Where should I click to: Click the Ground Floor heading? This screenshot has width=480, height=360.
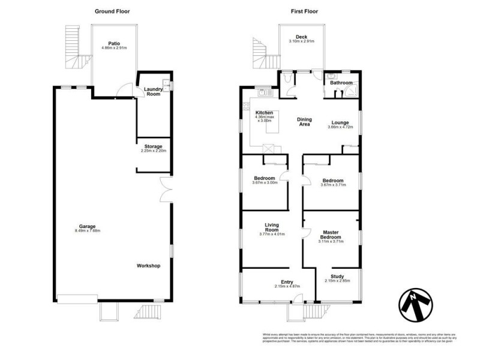[x=112, y=11]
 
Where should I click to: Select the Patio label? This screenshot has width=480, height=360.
[x=113, y=43]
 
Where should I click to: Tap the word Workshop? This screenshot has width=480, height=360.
[x=148, y=265]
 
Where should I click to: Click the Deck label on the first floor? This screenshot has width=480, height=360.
[x=301, y=37]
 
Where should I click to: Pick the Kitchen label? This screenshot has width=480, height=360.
[x=265, y=113]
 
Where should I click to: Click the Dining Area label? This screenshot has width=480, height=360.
[x=305, y=122]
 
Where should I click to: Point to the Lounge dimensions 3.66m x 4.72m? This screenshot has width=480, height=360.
[x=341, y=127]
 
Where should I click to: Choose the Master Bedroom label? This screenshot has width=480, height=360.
[x=332, y=235]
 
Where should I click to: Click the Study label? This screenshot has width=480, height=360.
[x=337, y=276]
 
